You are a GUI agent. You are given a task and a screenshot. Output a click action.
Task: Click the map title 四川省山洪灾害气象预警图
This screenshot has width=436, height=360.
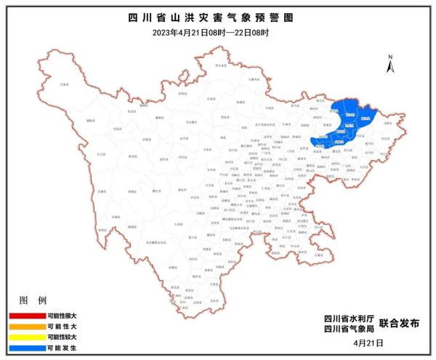(217, 16)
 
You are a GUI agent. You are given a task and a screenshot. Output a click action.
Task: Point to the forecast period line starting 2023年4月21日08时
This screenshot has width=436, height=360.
(217, 31)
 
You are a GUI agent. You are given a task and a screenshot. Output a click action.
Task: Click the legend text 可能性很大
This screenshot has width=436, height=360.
(62, 316)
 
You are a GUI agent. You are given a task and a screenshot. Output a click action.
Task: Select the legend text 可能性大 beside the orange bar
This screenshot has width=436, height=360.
(62, 327)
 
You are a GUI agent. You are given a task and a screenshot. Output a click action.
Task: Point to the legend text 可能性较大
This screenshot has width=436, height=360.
(62, 337)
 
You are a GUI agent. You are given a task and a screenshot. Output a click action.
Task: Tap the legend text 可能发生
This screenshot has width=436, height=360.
(62, 348)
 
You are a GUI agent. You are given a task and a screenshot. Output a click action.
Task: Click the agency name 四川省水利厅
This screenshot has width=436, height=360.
(350, 319)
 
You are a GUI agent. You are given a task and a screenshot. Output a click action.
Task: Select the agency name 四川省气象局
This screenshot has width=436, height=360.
(350, 329)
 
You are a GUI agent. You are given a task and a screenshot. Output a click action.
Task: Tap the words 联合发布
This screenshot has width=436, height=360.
(399, 324)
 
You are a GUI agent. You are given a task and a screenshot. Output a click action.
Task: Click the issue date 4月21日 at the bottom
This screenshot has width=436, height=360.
(367, 343)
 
